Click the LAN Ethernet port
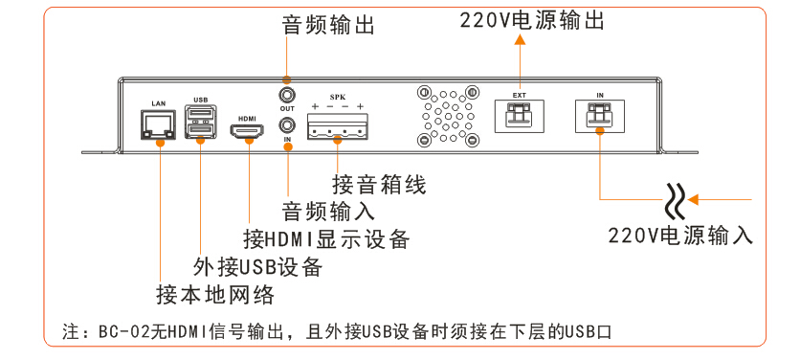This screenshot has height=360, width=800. [x=158, y=124]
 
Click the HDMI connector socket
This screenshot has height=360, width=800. [x=249, y=131]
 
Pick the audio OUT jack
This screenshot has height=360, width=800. [x=287, y=96]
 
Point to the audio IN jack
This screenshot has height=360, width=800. [x=287, y=124]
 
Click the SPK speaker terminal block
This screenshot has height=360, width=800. [x=337, y=125]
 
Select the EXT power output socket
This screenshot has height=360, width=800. [x=519, y=116]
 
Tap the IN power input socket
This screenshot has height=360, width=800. [x=600, y=116]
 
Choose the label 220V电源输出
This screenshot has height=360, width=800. [x=532, y=21]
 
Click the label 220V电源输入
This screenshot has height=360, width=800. [x=680, y=236]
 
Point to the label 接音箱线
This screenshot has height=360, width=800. [x=379, y=185]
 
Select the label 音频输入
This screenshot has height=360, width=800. [x=328, y=211]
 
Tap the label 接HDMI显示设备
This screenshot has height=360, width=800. [x=326, y=238]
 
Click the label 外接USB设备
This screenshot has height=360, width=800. [x=257, y=266]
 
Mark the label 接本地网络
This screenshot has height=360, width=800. [x=215, y=295]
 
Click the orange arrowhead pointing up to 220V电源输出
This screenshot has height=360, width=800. [x=520, y=39]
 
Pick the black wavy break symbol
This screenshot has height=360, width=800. [x=677, y=200]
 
